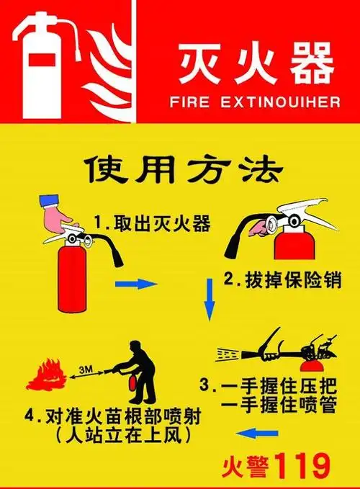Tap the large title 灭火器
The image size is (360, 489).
256,63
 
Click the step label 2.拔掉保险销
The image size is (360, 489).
281,279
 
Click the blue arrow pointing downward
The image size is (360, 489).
210,300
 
